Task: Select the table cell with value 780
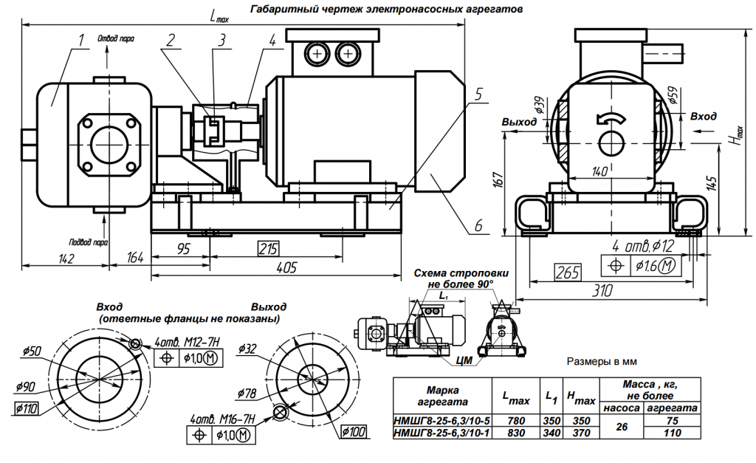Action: click(x=516, y=420)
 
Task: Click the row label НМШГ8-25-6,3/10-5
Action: click(x=442, y=420)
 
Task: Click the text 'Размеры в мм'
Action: click(x=600, y=363)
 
